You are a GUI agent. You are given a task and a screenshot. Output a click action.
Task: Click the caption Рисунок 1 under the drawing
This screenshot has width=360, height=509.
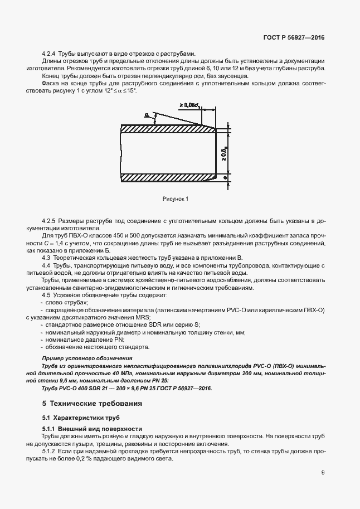[x=176, y=198]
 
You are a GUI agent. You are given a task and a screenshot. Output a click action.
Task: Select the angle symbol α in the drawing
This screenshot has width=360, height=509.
[x=147, y=115]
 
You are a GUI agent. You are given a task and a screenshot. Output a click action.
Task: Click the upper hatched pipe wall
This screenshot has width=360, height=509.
[x=167, y=128]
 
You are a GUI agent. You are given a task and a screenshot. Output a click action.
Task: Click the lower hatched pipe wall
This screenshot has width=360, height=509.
[x=167, y=177]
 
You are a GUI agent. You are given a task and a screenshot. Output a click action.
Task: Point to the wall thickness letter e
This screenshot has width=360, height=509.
[x=225, y=177]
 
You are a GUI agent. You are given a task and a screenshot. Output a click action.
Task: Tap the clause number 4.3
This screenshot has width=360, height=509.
[x=47, y=258]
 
